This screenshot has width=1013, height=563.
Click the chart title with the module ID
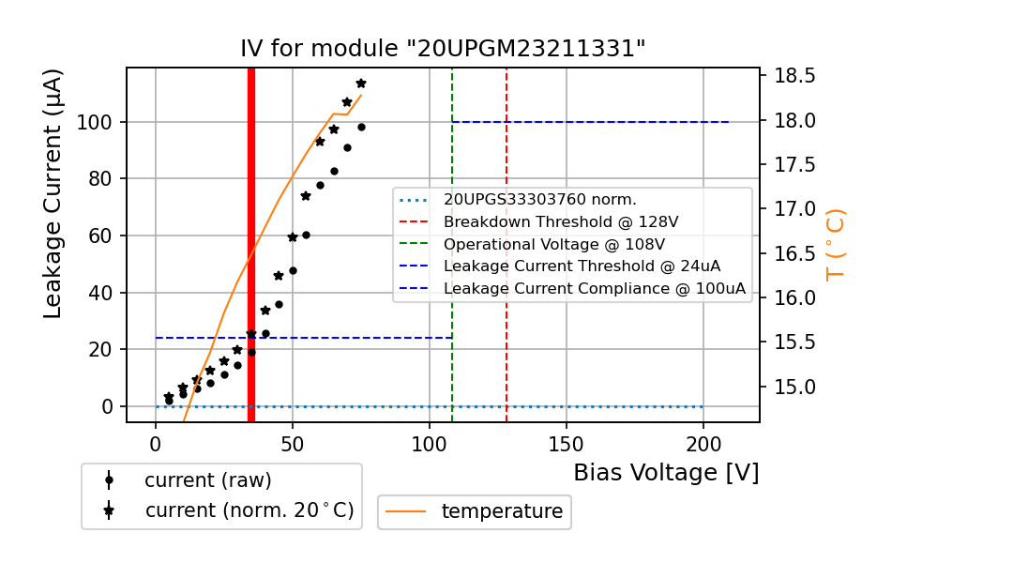tap(443, 49)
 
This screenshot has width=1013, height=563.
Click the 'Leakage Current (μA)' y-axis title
tap(53, 193)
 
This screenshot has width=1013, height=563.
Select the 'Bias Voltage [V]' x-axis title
tap(666, 473)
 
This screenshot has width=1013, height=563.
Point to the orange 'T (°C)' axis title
tap(835, 244)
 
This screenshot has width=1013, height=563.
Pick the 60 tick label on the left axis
tap(99, 236)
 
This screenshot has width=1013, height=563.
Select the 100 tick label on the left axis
tap(94, 122)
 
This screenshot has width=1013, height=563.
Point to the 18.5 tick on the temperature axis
tap(794, 76)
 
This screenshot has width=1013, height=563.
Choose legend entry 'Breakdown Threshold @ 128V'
tap(561, 221)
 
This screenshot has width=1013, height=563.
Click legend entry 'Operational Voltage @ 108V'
tap(561, 244)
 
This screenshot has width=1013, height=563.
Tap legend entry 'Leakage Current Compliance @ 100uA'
tap(595, 288)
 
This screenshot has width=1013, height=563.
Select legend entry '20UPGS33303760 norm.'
tap(540, 199)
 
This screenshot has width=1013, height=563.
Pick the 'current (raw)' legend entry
tap(207, 480)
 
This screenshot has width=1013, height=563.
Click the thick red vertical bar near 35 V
tap(251, 244)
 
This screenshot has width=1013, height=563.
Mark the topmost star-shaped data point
tap(361, 84)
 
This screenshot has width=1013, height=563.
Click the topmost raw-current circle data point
tap(361, 127)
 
